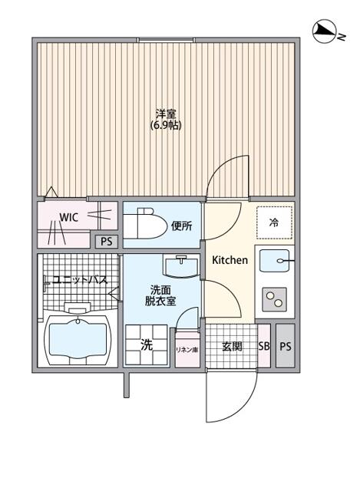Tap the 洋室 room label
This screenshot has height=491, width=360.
(x=166, y=114)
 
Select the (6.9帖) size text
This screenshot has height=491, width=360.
(x=166, y=125)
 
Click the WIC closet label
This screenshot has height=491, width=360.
(x=68, y=217)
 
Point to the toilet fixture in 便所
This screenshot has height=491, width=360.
(x=145, y=224)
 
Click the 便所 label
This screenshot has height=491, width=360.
(x=182, y=226)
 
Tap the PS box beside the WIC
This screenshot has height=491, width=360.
(x=107, y=242)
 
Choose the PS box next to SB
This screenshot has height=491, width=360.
(x=286, y=346)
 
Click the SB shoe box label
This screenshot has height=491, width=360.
(x=264, y=346)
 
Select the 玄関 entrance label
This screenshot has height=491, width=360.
(x=232, y=346)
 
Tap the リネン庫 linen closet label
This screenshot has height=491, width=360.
(x=187, y=350)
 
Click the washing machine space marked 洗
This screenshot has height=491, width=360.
(x=146, y=345)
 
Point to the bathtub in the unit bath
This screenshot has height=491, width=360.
(x=78, y=340)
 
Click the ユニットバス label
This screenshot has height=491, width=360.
(x=80, y=279)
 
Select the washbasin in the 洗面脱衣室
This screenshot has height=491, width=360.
(x=181, y=267)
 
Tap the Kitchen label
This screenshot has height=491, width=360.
(x=230, y=260)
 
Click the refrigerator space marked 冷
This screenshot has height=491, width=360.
(x=274, y=222)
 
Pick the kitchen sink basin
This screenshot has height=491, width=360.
(x=275, y=261)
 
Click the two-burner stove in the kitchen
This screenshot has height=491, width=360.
(x=275, y=299)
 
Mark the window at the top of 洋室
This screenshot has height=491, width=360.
(x=166, y=40)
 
